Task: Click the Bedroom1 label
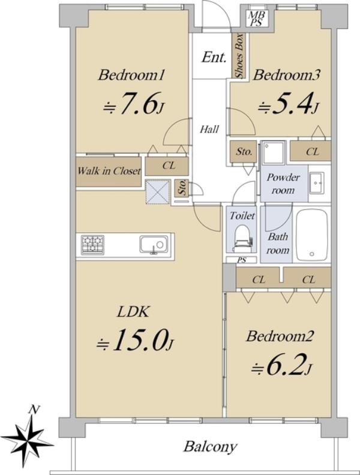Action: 131,75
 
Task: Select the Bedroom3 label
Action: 286,75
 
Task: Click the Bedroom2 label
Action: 280,336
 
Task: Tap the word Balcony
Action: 210,447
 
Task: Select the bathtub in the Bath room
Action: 312,235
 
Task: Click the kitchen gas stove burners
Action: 92,245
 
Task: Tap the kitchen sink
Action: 154,244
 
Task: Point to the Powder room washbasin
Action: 317,184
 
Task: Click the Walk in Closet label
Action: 109,171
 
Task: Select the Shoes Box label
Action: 239,55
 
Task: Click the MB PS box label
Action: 257,18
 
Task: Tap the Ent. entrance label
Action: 214,57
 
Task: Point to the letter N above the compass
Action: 34,410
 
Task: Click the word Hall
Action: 209,130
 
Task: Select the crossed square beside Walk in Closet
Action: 158,191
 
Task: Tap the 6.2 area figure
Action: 281,365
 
